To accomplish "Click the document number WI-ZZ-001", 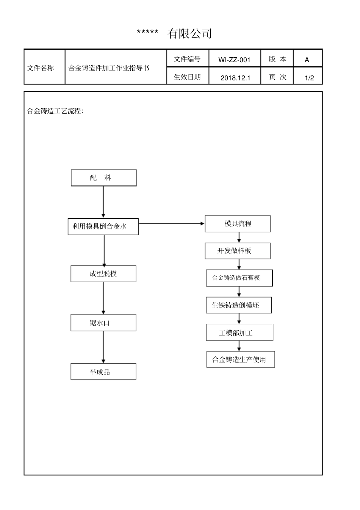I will [234, 60].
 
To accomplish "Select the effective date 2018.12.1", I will [235, 78].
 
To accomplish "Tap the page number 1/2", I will [309, 78].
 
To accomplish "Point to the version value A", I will [307, 60].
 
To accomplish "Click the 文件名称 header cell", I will [41, 68].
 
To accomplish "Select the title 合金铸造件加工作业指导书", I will [109, 68].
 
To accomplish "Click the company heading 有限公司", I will [189, 34].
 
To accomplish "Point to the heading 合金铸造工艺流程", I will [55, 111].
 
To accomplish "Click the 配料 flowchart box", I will [103, 178].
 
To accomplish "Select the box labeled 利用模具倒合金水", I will [103, 226].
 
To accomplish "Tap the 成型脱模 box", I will [103, 274].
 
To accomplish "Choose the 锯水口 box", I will [103, 323].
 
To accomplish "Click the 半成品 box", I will [103, 372].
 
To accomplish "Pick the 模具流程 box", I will [238, 224].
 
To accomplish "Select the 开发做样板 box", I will [238, 251].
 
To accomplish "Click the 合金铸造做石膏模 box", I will [239, 278].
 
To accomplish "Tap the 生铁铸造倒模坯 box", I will [239, 305].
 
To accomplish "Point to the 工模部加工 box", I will [239, 333].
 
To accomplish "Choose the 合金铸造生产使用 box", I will [240, 359].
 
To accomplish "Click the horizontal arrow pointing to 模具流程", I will [171, 224].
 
